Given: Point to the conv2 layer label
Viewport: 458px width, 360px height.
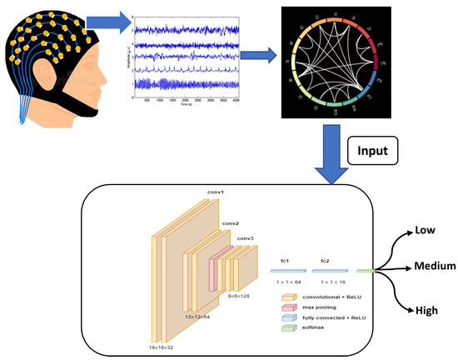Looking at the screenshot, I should (x=230, y=223).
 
